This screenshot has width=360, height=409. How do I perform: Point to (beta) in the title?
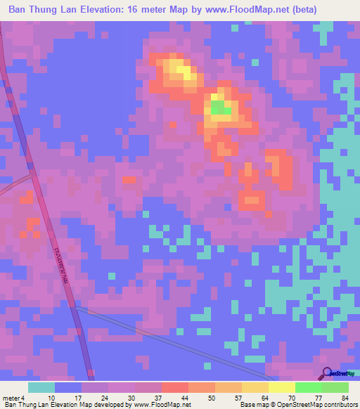tap(304, 10)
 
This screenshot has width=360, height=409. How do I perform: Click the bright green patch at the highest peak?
tap(219, 108)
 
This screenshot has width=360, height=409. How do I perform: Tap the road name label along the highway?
tap(58, 260)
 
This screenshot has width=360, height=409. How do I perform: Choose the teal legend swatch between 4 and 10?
tap(41, 387)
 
